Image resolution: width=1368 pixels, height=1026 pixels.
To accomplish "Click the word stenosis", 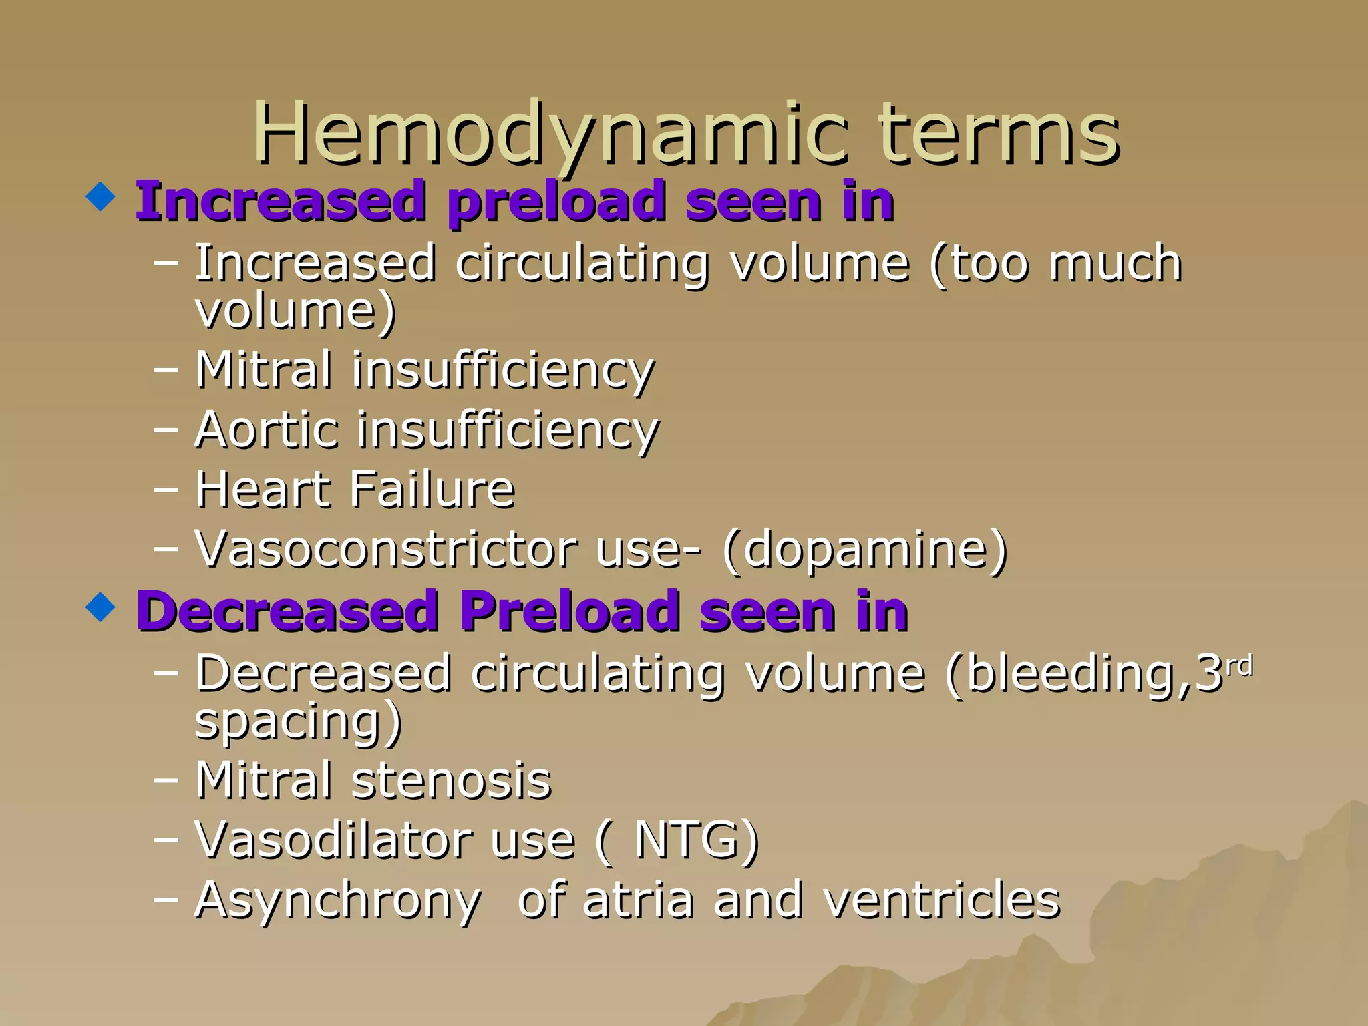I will click(x=452, y=780).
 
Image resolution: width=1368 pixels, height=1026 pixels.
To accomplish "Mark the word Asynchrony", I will click(x=337, y=901).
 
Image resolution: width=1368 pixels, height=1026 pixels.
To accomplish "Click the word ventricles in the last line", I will click(x=942, y=900).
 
